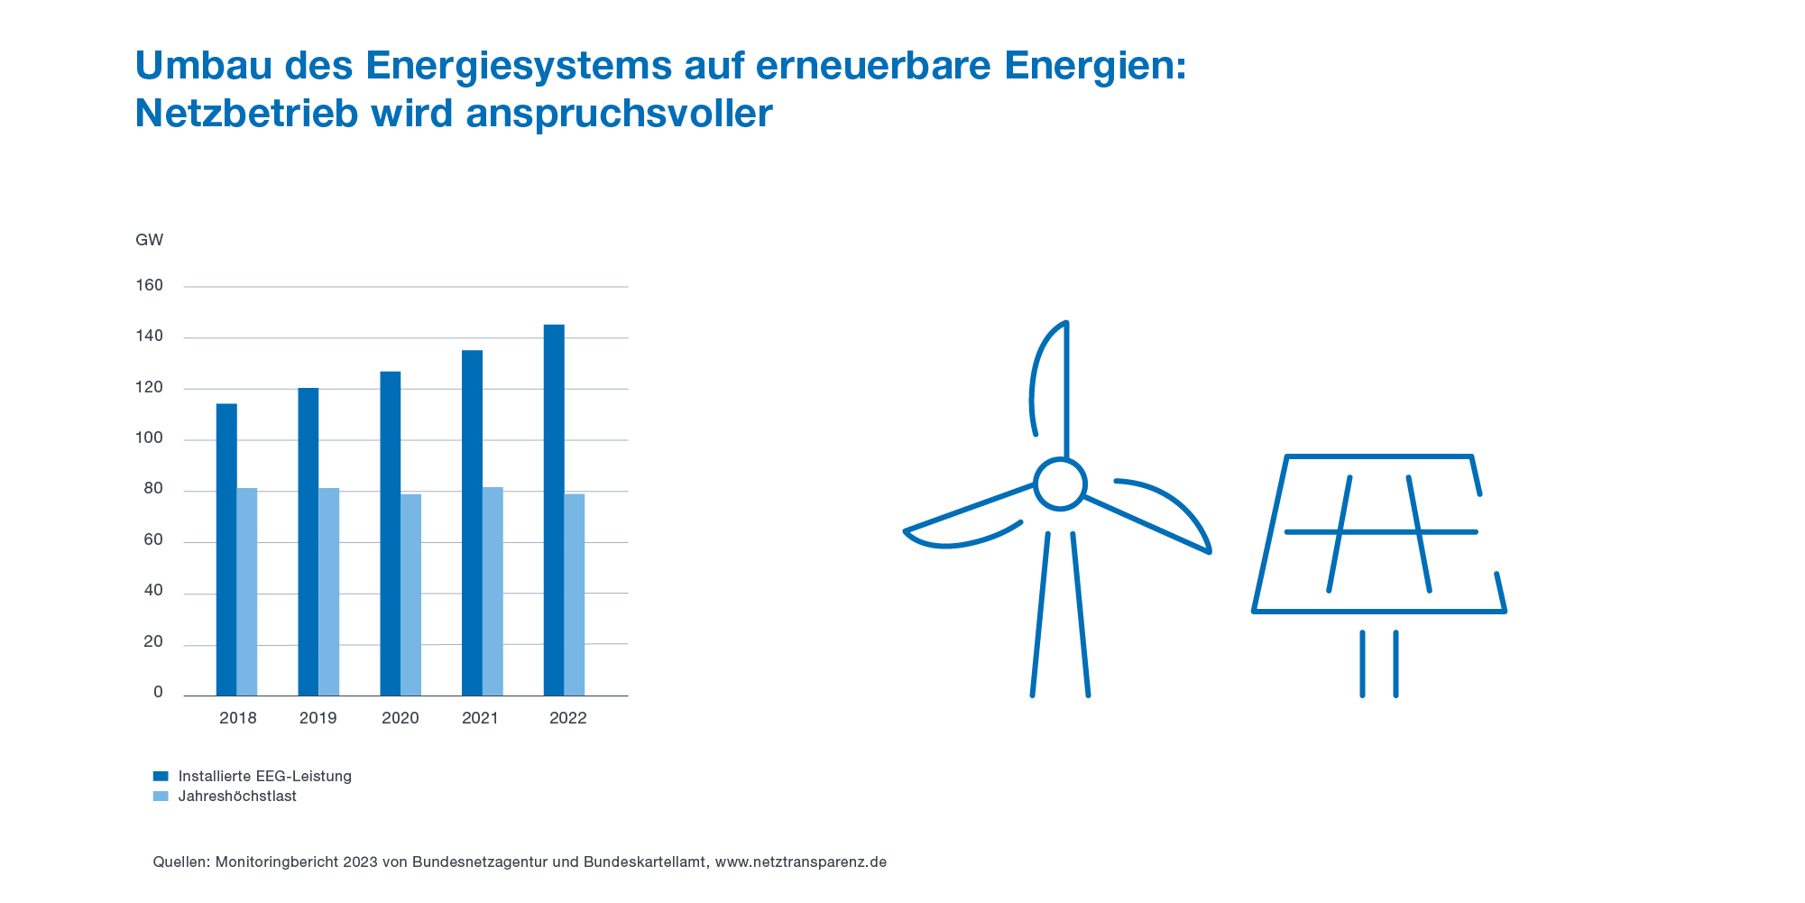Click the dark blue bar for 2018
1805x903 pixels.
pos(226,549)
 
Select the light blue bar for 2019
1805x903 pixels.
pos(329,592)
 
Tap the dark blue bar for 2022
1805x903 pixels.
pos(554,510)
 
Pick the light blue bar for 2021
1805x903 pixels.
pos(493,592)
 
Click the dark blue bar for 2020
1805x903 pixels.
pos(391,533)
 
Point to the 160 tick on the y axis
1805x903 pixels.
pos(150,286)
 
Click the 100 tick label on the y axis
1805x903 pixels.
pos(150,439)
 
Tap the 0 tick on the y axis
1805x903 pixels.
pos(159,693)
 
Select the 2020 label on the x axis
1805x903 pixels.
pos(401,719)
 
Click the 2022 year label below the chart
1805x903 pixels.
pos(568,719)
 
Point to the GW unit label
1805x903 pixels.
pos(150,240)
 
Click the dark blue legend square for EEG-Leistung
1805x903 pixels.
pos(161,776)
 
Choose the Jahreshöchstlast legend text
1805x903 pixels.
pos(237,797)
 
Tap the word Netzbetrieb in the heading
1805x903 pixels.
pos(247,114)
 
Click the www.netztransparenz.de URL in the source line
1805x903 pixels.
pos(801,862)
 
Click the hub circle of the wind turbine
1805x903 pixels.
pos(1060,484)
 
